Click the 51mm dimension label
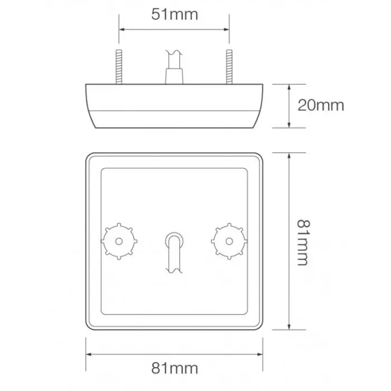(x=174, y=15)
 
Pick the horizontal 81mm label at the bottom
(x=175, y=368)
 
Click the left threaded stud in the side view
(x=119, y=67)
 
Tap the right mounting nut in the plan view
(x=228, y=241)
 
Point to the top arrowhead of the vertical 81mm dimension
(x=288, y=155)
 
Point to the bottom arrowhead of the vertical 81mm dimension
(x=288, y=328)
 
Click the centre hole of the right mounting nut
(x=228, y=241)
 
